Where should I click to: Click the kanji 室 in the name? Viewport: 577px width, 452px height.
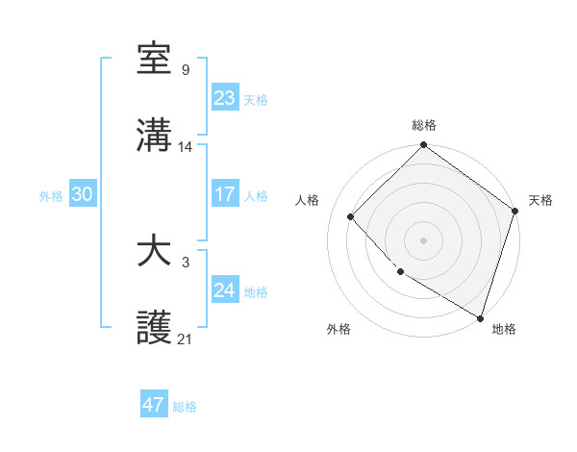pos(155,60)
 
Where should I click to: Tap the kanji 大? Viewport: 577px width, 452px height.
pos(155,252)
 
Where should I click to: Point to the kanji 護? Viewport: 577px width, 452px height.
pos(155,329)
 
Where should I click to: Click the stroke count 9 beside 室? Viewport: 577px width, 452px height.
pos(185,69)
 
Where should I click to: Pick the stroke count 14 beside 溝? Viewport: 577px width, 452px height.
pos(186,147)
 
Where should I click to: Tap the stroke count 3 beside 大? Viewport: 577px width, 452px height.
pos(185,262)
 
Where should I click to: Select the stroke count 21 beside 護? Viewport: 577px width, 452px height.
pos(186,339)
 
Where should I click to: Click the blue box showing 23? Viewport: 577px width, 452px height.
pos(225,97)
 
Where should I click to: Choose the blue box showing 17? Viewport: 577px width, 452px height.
pos(225,194)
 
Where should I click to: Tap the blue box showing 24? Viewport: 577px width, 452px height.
pos(225,290)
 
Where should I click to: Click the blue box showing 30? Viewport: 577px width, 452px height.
pos(83,194)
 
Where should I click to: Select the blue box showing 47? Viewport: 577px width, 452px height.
pos(154,405)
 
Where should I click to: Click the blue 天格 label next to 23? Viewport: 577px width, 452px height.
pos(255,99)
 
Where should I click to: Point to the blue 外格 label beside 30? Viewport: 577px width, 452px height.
pos(51,195)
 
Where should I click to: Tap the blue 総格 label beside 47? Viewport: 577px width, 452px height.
pos(185,407)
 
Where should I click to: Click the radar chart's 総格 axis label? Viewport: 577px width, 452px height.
pos(424,125)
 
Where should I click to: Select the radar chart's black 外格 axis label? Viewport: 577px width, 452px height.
pos(339,329)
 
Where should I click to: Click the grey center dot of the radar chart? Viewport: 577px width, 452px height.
pos(424,239)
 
